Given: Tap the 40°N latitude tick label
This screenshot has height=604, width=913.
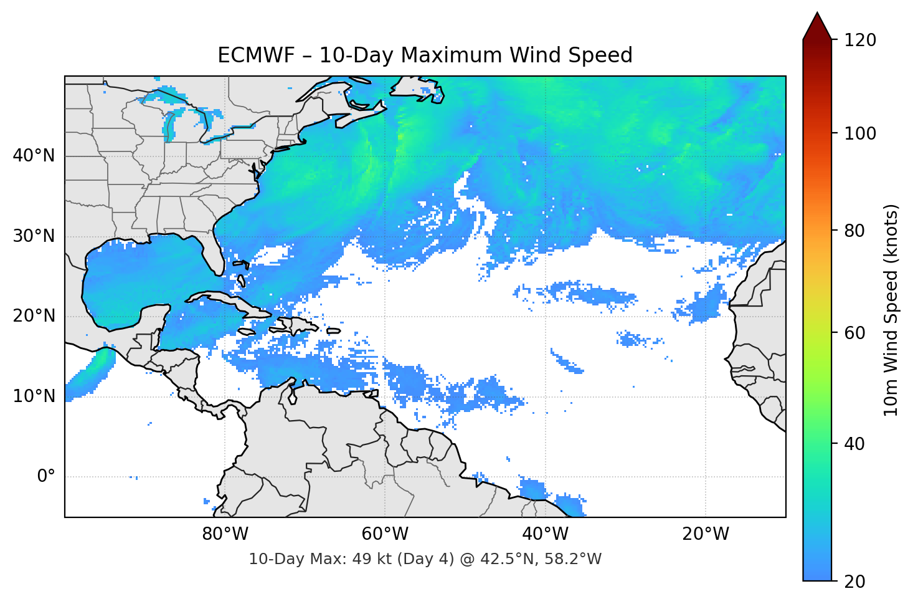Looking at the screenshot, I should [34, 156].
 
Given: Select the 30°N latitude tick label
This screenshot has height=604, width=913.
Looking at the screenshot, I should [34, 236].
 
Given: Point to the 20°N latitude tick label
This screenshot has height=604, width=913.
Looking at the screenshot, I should [34, 316].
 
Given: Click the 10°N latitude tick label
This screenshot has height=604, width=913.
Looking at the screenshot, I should [34, 396].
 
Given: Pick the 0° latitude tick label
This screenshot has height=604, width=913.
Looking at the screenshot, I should [46, 477].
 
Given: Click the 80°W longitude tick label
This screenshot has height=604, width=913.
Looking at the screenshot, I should [225, 534].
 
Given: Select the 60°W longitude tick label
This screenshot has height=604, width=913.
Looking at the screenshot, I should [385, 534].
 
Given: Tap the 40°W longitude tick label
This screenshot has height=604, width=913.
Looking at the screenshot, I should [545, 534].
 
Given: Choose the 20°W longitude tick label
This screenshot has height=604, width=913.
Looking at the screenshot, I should [705, 534].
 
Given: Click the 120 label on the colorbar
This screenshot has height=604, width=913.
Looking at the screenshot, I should [860, 40].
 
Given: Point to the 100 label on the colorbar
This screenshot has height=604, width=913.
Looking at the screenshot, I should [860, 133].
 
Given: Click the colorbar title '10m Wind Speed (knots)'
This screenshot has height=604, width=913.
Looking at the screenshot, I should [891, 310].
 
